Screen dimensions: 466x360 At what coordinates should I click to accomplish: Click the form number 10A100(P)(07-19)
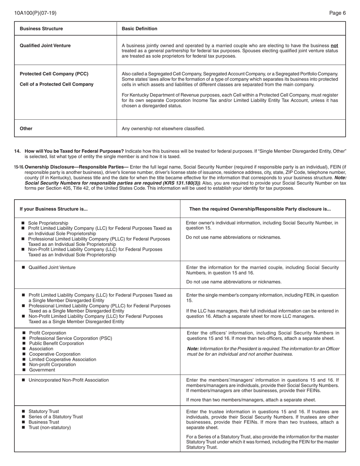[35, 13]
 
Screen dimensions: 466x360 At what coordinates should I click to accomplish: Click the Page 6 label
[337, 13]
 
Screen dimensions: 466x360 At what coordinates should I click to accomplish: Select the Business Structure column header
[41, 29]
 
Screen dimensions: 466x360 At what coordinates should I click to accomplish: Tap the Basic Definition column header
[139, 29]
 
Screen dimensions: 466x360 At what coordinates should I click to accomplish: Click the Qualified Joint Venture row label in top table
[45, 46]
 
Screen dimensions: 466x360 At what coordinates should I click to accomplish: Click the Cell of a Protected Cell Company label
[56, 84]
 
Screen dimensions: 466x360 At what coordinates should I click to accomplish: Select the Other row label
[26, 128]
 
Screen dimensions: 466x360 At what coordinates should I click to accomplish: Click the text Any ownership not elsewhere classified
[163, 128]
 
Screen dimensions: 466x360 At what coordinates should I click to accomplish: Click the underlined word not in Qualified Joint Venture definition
[334, 45]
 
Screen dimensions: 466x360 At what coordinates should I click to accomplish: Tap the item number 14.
[17, 151]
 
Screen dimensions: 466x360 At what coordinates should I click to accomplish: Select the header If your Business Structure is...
[53, 209]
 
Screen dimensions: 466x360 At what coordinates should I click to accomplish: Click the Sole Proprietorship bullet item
[48, 223]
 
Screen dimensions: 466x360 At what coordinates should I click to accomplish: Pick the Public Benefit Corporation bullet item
[56, 344]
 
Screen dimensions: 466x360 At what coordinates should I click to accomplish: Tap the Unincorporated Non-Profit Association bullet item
[69, 380]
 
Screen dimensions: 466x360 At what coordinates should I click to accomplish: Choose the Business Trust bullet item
[44, 422]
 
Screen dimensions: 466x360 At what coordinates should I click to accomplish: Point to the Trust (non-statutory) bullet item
[50, 427]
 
